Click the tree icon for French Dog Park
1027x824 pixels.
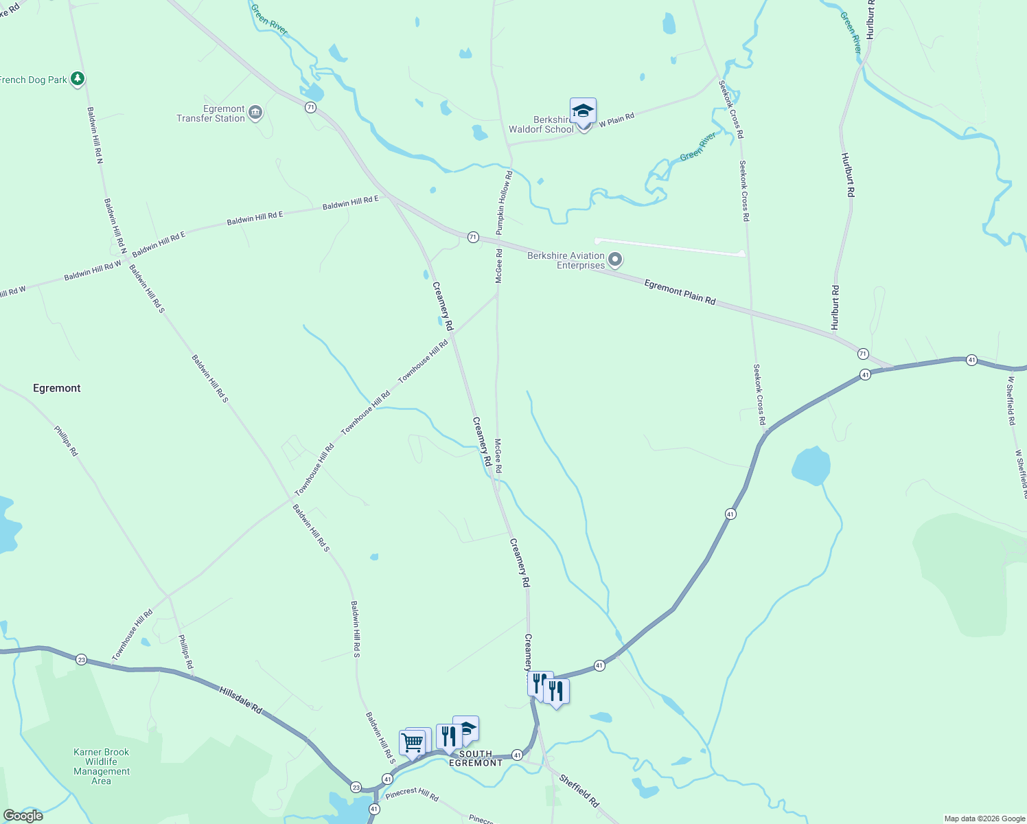[x=78, y=80]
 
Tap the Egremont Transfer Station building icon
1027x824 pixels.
[x=255, y=113]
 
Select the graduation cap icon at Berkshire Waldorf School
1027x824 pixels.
[x=583, y=111]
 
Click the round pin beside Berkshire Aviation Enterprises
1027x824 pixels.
[x=615, y=260]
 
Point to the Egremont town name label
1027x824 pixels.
[x=57, y=388]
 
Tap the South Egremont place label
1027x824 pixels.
[x=476, y=758]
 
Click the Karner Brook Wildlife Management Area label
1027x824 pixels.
[x=102, y=766]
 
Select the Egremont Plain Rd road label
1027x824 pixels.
[x=680, y=292]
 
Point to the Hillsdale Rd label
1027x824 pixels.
[x=241, y=699]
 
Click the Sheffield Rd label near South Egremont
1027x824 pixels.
[x=579, y=790]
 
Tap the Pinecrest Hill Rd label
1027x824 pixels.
[x=412, y=794]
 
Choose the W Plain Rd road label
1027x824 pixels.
[x=616, y=120]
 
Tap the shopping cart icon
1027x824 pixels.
[x=412, y=742]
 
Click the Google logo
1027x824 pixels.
[x=23, y=815]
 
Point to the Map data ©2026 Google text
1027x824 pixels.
[x=984, y=819]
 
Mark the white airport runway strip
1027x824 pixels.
[x=670, y=247]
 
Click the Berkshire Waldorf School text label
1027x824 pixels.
[x=542, y=124]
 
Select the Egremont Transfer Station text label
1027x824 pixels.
[x=211, y=114]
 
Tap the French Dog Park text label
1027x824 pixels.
[x=34, y=80]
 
